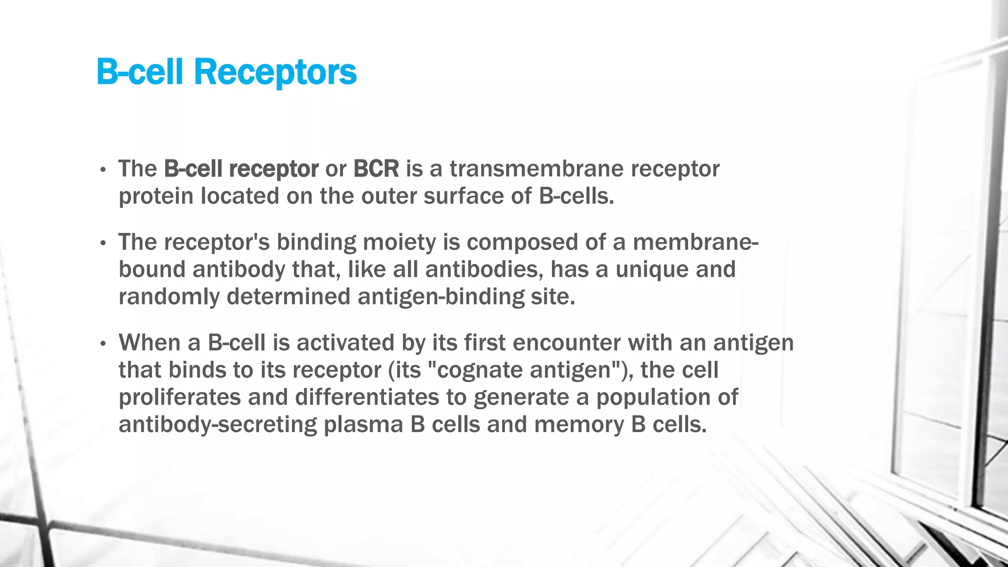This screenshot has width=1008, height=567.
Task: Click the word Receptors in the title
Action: point(275,72)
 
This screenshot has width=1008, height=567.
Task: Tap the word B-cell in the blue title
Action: point(140,72)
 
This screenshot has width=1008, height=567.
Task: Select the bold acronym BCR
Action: point(376,169)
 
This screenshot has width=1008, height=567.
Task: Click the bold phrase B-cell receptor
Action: point(241,169)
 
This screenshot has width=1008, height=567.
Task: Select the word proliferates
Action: point(180,397)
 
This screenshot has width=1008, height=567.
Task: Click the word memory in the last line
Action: point(579,425)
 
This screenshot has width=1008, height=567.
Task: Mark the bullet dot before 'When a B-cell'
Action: point(103,344)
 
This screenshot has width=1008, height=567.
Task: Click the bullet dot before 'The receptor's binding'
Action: point(103,243)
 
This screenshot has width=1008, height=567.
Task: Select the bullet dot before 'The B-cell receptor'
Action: point(103,170)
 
